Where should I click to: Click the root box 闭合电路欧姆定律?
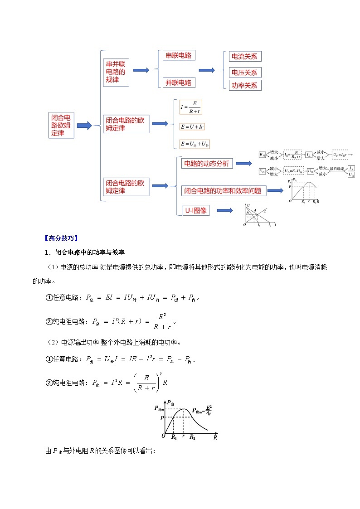(x=61, y=125)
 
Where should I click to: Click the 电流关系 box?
(x=245, y=56)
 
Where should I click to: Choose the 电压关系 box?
(x=245, y=72)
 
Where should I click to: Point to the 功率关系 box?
(x=245, y=85)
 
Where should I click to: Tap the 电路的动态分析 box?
(x=207, y=164)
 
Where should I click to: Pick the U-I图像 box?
(x=196, y=210)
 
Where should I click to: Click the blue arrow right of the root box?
(x=84, y=126)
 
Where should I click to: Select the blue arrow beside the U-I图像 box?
(x=224, y=210)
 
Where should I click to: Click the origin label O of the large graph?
(x=163, y=436)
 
